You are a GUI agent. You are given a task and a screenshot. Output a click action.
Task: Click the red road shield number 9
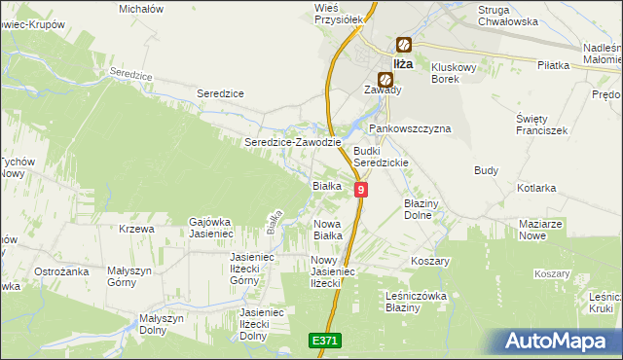361,190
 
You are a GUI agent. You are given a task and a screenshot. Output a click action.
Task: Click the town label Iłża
403,63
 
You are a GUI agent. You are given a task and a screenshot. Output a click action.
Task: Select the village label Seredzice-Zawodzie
292,142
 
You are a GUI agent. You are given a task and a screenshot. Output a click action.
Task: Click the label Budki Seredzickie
381,157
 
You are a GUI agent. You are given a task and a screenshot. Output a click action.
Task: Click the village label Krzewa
136,229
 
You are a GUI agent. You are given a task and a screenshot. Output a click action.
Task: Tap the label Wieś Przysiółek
340,12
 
